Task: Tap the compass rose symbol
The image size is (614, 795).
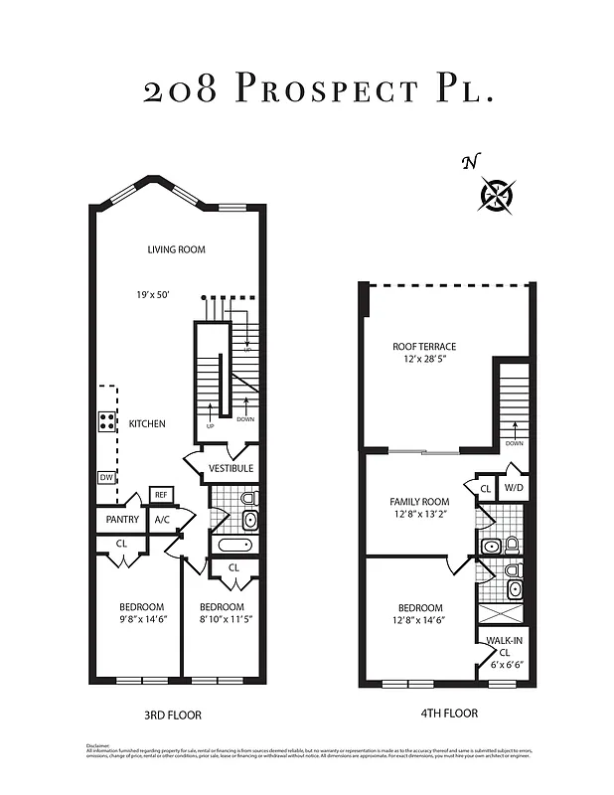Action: (496, 194)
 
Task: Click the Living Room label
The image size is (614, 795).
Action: (176, 249)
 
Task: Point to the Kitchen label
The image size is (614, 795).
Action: (146, 423)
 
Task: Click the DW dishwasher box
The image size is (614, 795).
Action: (106, 478)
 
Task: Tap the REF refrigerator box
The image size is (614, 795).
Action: (159, 494)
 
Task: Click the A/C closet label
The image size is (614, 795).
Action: (161, 519)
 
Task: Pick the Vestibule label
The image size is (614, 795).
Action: (230, 468)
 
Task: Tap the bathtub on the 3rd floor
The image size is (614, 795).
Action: (233, 545)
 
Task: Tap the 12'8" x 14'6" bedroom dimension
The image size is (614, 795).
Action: (418, 620)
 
